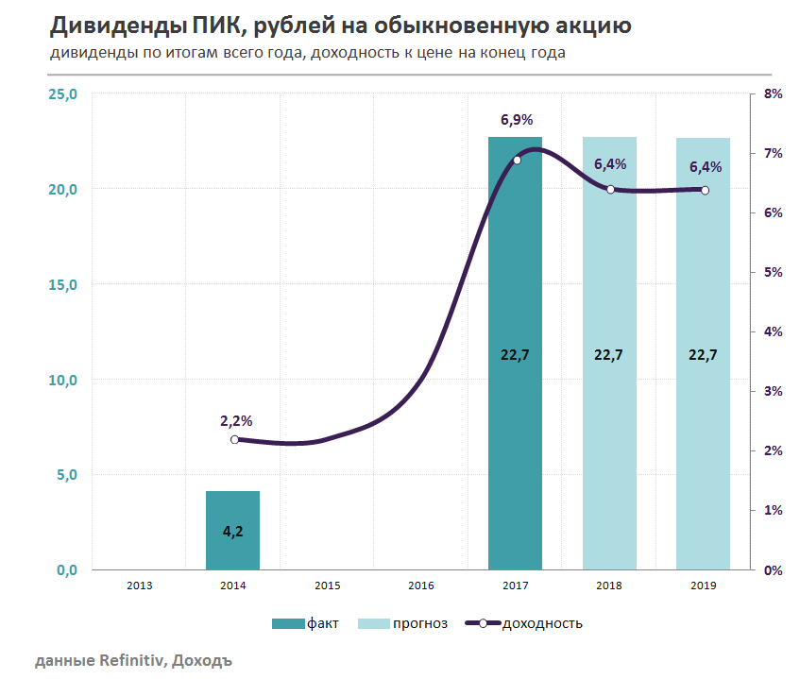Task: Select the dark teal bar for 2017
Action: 515,283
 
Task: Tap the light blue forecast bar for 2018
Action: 609,283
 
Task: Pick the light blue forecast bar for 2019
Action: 704,283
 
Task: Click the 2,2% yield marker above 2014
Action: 234,439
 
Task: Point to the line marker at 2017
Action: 517,161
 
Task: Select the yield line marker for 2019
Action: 705,190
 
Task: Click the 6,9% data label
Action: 517,120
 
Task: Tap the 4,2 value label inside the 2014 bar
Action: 232,531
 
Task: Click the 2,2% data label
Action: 236,420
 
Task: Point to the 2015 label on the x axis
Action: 327,586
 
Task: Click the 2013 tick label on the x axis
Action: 139,586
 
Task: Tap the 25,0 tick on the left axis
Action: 63,93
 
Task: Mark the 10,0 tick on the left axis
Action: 63,380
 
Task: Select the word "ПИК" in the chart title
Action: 212,25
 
